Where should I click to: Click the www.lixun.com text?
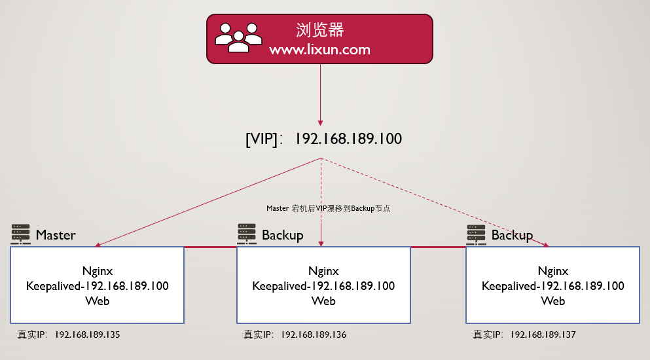(320, 50)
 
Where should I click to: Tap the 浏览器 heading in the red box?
(320, 30)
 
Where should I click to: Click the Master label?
(56, 235)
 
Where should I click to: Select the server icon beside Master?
(21, 234)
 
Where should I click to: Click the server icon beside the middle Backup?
(247, 234)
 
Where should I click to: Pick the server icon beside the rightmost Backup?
(477, 234)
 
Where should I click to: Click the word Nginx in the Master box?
(97, 271)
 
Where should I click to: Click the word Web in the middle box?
(323, 301)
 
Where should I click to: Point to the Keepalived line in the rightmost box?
(553, 286)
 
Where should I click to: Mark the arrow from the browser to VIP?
(321, 92)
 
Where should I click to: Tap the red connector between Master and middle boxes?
(210, 247)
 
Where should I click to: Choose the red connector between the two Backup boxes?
(438, 247)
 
